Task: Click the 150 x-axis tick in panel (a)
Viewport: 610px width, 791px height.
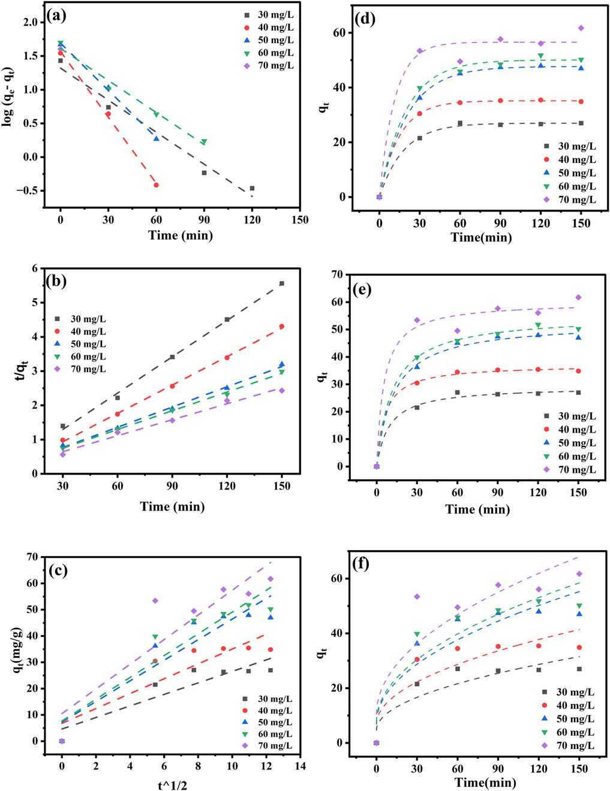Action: pyautogui.click(x=300, y=220)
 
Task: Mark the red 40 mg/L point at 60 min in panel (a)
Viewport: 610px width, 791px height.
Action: pyautogui.click(x=156, y=185)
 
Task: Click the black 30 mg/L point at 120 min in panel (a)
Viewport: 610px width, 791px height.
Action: pyautogui.click(x=252, y=188)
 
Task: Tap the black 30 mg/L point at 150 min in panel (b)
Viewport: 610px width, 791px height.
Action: pyautogui.click(x=281, y=283)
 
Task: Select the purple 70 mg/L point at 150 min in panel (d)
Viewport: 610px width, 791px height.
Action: pyautogui.click(x=581, y=28)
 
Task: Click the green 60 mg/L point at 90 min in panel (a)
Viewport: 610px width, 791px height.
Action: pyautogui.click(x=204, y=142)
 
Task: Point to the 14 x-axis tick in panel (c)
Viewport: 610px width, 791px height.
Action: pyautogui.click(x=300, y=766)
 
